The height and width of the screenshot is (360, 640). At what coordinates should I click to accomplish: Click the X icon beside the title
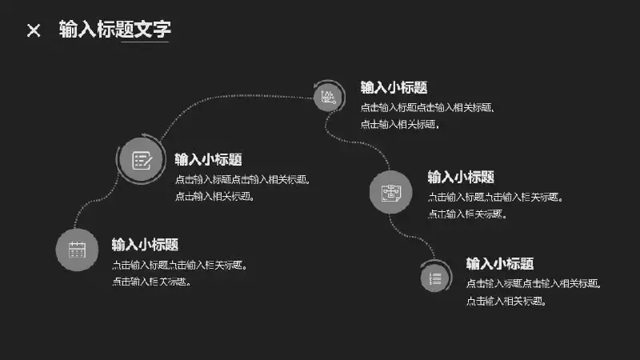tap(34, 30)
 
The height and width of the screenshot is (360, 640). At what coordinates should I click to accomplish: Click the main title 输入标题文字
tap(115, 30)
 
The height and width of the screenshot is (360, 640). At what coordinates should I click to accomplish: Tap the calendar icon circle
tap(77, 250)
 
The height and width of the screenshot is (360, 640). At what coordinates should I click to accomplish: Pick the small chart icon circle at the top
tap(327, 97)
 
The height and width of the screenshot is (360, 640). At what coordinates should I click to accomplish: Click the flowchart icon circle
tap(391, 192)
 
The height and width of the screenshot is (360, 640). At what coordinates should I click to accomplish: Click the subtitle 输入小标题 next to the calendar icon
tap(145, 244)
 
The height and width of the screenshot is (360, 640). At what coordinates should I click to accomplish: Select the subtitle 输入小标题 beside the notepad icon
tap(208, 159)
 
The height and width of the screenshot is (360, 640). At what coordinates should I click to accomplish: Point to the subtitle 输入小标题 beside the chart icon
tap(394, 87)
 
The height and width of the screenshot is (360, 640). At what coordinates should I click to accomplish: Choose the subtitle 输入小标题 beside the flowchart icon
tap(461, 177)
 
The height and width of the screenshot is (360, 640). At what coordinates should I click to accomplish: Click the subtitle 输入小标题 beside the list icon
tap(500, 263)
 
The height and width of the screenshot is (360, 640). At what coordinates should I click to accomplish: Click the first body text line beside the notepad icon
tap(242, 178)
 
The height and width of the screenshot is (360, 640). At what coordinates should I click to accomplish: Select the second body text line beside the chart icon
tap(400, 124)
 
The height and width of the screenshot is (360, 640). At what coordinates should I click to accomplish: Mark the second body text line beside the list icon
tap(506, 302)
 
